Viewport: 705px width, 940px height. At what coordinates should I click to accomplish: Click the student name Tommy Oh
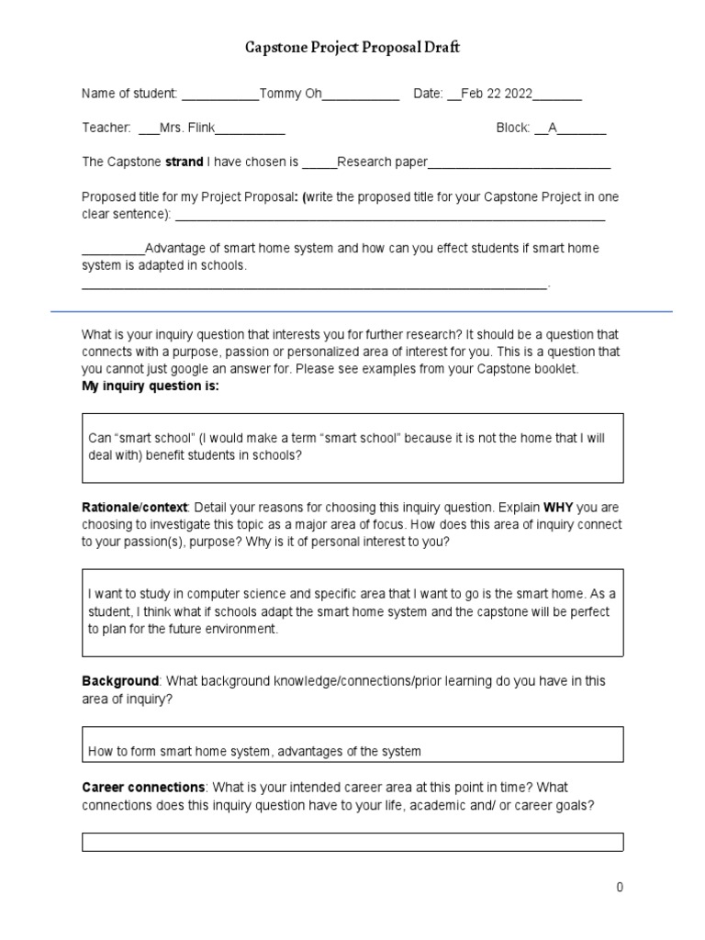click(x=291, y=94)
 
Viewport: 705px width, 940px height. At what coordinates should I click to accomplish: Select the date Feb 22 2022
click(x=497, y=94)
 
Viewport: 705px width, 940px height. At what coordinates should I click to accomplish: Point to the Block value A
click(x=553, y=128)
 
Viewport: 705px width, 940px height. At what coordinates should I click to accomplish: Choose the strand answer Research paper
click(x=383, y=162)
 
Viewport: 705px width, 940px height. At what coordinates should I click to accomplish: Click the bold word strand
click(x=184, y=162)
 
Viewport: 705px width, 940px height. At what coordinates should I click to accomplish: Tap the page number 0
click(x=620, y=887)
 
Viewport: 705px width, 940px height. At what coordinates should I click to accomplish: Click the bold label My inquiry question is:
click(x=151, y=386)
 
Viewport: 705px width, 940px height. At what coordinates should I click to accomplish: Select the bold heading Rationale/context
click(x=134, y=507)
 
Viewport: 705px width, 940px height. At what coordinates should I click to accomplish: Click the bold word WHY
click(x=559, y=507)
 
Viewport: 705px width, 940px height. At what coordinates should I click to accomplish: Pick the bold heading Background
click(x=120, y=681)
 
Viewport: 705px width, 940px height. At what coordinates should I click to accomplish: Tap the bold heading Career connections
click(x=143, y=788)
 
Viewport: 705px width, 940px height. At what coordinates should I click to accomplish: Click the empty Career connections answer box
click(x=352, y=842)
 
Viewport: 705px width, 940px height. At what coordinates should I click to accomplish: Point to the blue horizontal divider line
click(x=362, y=312)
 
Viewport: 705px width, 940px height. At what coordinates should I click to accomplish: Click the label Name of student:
click(x=129, y=94)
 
